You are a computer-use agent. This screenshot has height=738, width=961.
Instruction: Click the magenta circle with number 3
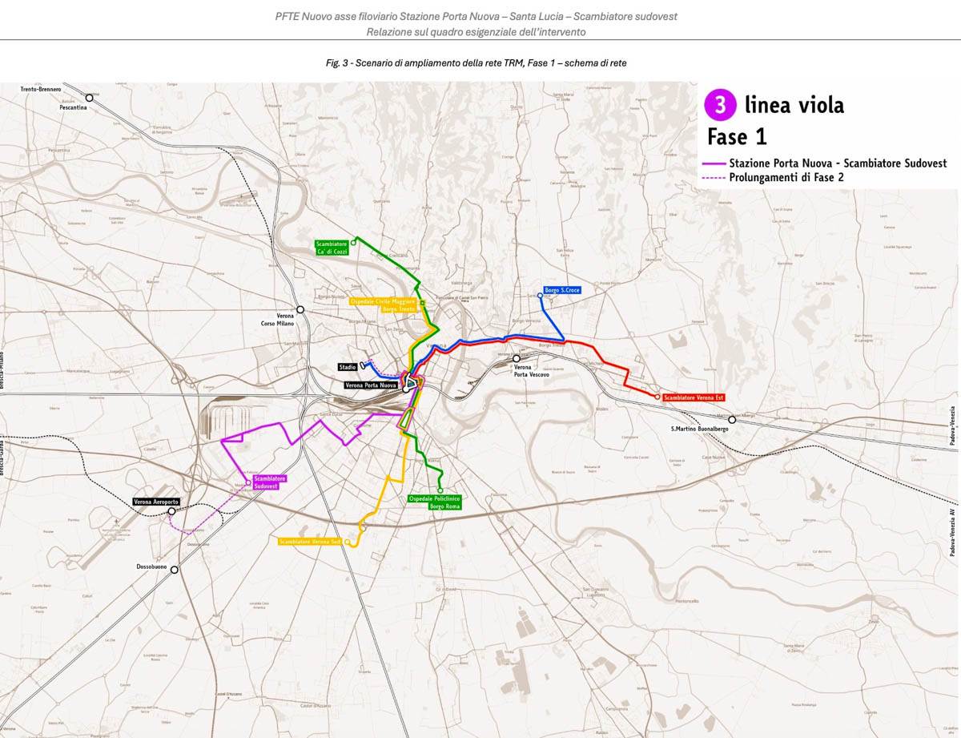point(720,105)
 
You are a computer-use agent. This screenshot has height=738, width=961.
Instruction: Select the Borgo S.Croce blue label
point(562,289)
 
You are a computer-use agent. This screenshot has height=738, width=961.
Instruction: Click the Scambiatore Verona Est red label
point(694,397)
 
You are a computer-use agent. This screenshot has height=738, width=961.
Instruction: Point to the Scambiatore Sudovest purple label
point(270,482)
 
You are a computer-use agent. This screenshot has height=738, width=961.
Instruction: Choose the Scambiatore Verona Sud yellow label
point(310,542)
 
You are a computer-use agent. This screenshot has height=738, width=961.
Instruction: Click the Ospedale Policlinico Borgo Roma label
point(435,502)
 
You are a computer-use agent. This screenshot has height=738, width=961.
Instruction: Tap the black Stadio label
point(348,367)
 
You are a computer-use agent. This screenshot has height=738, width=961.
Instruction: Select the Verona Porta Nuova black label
point(371,385)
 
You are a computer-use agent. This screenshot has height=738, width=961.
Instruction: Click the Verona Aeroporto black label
point(157,502)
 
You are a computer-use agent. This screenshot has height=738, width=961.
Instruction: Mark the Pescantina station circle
point(90,98)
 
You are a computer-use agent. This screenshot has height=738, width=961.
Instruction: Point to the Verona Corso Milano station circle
point(300,309)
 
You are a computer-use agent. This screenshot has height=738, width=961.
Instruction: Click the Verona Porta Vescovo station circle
point(517,358)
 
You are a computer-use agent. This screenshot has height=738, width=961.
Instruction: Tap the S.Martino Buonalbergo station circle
point(732,419)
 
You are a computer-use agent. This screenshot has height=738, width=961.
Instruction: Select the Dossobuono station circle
point(175,570)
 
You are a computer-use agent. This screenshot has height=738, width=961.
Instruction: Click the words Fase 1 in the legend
point(737,137)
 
